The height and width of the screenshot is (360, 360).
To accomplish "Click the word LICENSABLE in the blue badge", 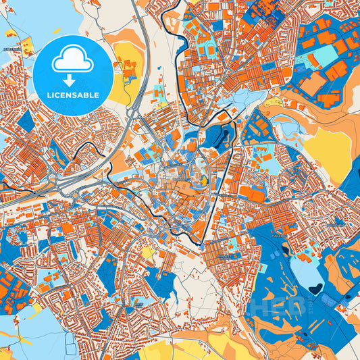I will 73,95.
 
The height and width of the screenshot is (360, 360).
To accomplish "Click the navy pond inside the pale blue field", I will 314,289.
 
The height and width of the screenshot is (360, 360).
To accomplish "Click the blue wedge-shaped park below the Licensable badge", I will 26,122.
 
